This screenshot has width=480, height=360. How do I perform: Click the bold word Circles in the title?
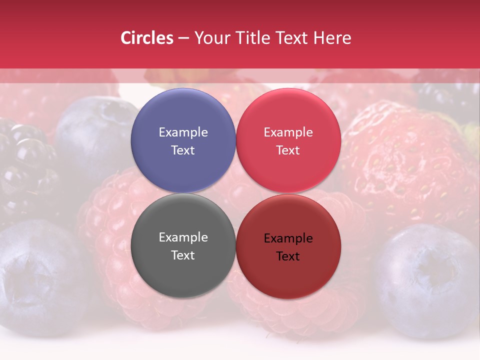tap(147, 38)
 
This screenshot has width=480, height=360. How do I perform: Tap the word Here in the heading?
tap(333, 38)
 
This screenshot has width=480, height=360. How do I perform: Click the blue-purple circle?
tap(183, 140)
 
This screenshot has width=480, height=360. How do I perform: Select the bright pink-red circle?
tap(288, 140)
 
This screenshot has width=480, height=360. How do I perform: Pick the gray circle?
tap(183, 245)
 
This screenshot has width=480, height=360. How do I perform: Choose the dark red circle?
tap(288, 246)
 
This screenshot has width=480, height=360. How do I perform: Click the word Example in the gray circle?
tap(183, 237)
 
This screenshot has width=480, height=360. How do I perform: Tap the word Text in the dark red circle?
tap(288, 256)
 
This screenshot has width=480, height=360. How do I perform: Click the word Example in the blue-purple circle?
tap(183, 132)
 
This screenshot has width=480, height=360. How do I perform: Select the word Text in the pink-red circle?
tap(288, 150)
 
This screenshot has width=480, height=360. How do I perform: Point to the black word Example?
tap(288, 238)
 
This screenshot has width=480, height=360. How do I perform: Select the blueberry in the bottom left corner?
tap(35, 275)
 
